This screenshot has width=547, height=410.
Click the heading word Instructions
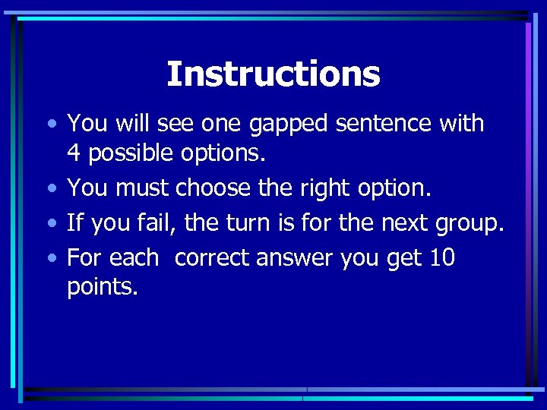273,74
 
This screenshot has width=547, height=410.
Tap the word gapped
259,124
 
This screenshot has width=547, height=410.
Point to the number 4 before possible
74,153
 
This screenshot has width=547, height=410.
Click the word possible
131,154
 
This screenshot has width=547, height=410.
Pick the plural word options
223,154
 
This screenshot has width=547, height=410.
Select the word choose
215,188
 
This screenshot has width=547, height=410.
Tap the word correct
213,258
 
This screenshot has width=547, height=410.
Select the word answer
296,259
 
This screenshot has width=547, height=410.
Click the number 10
441,257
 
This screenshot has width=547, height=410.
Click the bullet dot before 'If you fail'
51,224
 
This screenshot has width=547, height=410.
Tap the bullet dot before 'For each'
51,259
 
